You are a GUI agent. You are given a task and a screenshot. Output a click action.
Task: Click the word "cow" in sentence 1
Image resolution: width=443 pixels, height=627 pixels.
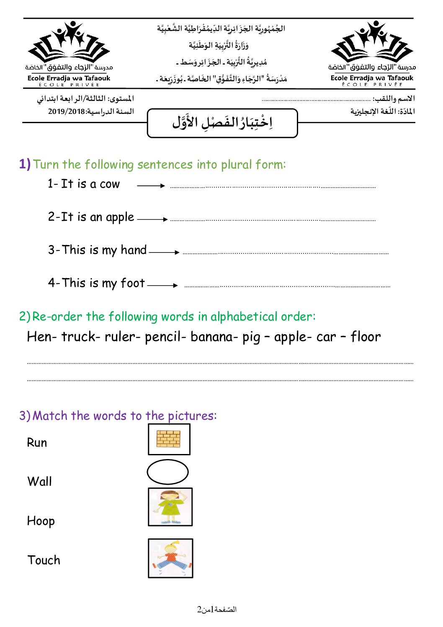110,184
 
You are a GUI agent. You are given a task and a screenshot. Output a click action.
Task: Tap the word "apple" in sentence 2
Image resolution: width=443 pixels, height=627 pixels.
120,217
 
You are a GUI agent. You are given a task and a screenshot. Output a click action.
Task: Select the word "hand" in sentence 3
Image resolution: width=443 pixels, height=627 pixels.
134,250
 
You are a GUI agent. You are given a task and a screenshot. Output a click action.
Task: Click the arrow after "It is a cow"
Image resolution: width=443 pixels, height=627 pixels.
151,186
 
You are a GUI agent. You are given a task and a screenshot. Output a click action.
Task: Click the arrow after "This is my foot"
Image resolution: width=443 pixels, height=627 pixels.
162,285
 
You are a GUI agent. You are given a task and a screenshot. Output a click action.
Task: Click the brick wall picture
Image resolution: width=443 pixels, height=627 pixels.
169,439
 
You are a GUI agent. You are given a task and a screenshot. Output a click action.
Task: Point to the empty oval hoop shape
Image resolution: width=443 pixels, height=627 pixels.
167,472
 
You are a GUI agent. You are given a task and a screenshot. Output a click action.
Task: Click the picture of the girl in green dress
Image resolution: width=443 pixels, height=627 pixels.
170,507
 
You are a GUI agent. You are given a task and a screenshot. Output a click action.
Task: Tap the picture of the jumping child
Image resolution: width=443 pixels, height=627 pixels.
170,558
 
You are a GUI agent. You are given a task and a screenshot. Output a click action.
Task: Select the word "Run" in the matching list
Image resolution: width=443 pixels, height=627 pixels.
37,443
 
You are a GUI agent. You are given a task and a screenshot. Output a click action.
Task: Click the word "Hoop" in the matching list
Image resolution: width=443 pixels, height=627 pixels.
41,521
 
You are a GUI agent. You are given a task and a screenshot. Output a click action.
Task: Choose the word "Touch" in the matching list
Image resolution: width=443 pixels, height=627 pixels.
44,560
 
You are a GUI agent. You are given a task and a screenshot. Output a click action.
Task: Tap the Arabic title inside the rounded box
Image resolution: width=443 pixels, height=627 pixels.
222,123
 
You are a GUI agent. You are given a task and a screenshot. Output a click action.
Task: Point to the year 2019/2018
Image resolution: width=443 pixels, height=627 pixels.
67,111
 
